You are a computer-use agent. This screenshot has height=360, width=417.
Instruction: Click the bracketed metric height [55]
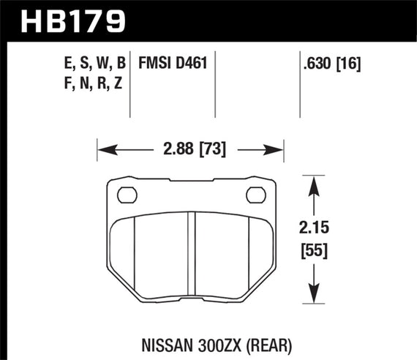pos(314,251)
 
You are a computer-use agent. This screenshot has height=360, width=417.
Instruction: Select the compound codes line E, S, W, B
pos(94,64)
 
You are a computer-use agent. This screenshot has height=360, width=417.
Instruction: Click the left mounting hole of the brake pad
pos(127,195)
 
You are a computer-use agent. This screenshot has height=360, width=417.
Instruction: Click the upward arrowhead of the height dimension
pos(314,183)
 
